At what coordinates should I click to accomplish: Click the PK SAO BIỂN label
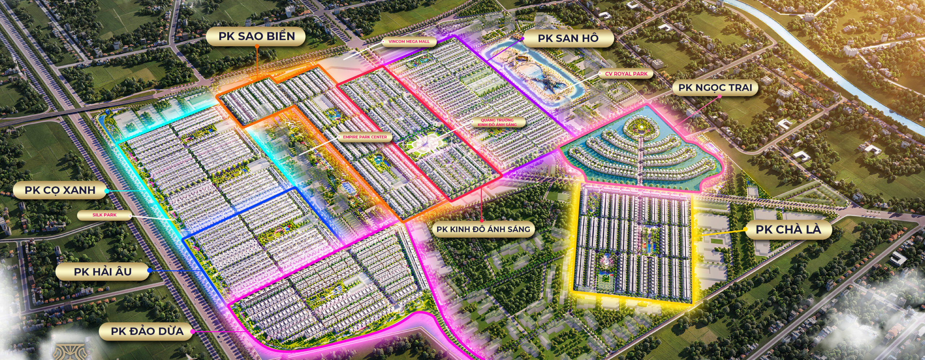coord(256,36)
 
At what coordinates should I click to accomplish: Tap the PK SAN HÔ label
coord(568,38)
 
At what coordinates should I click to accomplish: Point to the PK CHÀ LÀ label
coord(788,229)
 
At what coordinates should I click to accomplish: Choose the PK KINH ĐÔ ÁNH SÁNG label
coord(483,229)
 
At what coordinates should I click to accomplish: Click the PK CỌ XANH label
coord(60,190)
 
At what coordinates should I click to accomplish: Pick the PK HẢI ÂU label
coord(103,272)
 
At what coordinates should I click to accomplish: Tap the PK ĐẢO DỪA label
coord(147,331)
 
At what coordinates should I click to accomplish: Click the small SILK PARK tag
coord(104,215)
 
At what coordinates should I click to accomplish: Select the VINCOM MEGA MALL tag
coord(409,42)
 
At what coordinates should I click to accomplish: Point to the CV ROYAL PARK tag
coord(626,74)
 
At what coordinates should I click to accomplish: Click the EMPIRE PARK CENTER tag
coord(365,137)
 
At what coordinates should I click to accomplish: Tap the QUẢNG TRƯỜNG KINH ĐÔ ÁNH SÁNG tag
coord(497,122)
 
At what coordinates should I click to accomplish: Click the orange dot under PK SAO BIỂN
coord(257,47)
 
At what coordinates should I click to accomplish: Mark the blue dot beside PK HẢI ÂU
coord(150,270)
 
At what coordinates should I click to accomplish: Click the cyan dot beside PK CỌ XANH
coord(107,190)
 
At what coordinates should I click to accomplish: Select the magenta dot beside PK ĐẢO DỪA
coord(193,331)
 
